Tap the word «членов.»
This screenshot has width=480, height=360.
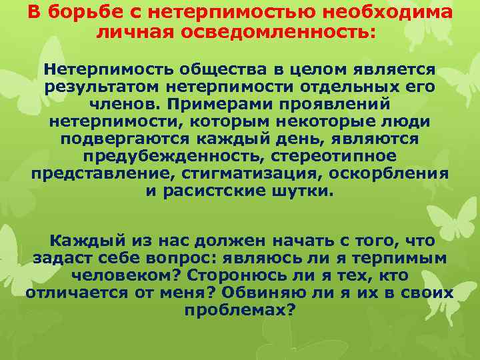(x=126, y=104)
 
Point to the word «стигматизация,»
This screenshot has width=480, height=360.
(x=253, y=173)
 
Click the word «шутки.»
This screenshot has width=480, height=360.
(x=303, y=191)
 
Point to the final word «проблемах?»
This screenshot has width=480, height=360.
(x=239, y=309)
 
